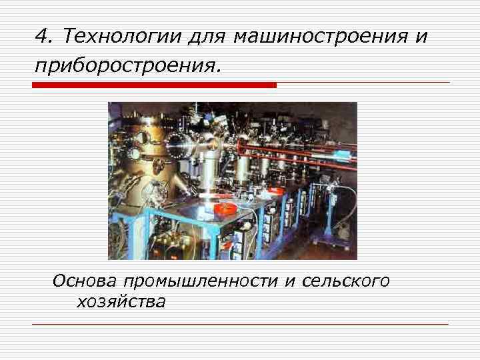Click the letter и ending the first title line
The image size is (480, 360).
tap(420, 37)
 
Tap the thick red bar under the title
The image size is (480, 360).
tap(154, 85)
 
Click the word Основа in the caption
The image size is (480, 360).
tap(84, 281)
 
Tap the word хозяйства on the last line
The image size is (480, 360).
tap(121, 302)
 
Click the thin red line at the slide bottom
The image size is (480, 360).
tap(240, 324)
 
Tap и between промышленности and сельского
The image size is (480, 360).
tap(289, 281)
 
